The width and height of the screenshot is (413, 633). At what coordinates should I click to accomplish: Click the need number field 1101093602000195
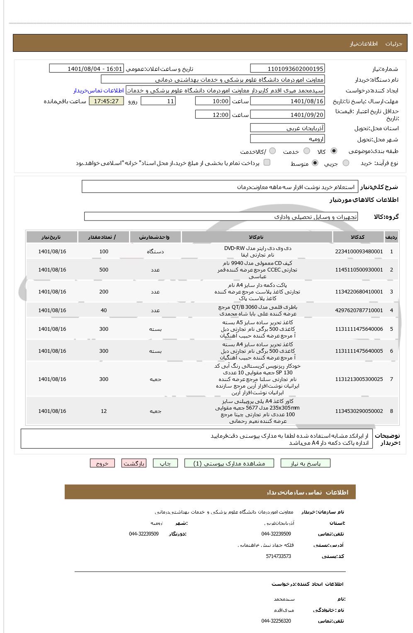pos(287,69)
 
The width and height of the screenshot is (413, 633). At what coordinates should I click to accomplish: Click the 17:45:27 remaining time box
pos(106,101)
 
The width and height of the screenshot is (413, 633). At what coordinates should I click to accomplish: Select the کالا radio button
pos(334,151)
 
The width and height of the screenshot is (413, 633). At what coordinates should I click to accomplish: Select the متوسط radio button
pos(315,163)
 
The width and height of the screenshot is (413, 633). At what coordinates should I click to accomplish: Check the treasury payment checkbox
pos(267,162)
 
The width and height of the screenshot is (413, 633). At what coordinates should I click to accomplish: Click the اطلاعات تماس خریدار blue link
pos(99,90)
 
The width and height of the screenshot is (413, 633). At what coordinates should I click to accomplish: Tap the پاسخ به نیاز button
pos(305,463)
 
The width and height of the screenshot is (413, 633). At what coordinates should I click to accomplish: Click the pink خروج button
pos(102,463)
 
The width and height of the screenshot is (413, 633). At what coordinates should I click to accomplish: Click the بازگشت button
pos(134,463)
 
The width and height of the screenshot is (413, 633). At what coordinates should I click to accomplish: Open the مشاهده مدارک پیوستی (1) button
pos(229,463)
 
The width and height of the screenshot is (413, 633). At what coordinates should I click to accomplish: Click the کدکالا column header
pos(357,237)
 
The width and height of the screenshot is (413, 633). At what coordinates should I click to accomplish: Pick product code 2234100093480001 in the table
pos(359,252)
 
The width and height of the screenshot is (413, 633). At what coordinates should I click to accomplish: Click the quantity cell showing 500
pos(104,270)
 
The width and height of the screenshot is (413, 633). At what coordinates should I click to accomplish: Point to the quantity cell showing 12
pos(104,411)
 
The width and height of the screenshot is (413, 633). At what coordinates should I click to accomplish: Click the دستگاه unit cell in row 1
pos(155,252)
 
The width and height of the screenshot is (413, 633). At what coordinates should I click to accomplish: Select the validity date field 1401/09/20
pos(287,115)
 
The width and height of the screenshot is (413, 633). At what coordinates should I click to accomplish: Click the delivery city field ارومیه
pos(287,139)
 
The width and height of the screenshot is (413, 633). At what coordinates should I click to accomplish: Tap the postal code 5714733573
pos(278,556)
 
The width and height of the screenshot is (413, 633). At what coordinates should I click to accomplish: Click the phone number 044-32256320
pos(276,621)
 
